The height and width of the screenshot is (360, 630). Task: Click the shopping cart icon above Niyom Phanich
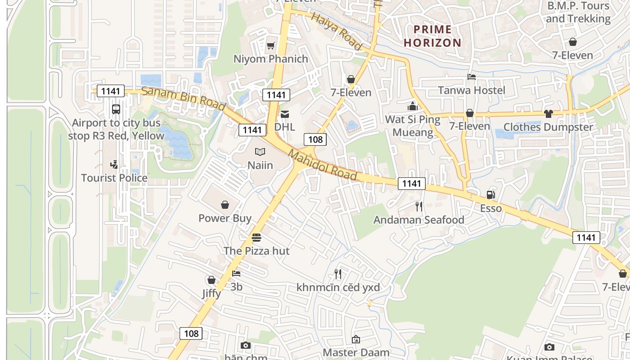[x=270, y=45]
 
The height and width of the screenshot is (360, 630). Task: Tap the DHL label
[x=284, y=127]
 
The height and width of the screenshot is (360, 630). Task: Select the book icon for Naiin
[x=260, y=152]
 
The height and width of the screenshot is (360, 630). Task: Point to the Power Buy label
[x=225, y=218]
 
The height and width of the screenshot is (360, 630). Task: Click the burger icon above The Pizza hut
[x=256, y=237]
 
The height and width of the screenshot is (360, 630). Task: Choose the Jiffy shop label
[x=211, y=293]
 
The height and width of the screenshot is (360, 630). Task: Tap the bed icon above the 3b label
[x=236, y=273]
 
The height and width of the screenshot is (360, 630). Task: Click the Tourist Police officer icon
[x=114, y=165]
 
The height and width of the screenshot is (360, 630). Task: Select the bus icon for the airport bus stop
[x=116, y=109]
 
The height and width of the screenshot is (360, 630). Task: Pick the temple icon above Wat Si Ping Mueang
[x=413, y=106]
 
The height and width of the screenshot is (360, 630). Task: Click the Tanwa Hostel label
[x=472, y=90]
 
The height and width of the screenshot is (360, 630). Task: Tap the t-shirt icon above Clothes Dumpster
[x=548, y=113]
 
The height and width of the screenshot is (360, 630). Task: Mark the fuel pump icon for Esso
[x=490, y=195]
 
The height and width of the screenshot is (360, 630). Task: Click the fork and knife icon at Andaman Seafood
[x=419, y=207]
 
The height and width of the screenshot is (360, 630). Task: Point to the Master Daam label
[x=356, y=352]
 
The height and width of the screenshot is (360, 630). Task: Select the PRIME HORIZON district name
[x=432, y=36]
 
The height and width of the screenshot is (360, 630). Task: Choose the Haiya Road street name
[x=337, y=31]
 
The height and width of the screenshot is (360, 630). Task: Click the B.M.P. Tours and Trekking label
[x=578, y=12]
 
